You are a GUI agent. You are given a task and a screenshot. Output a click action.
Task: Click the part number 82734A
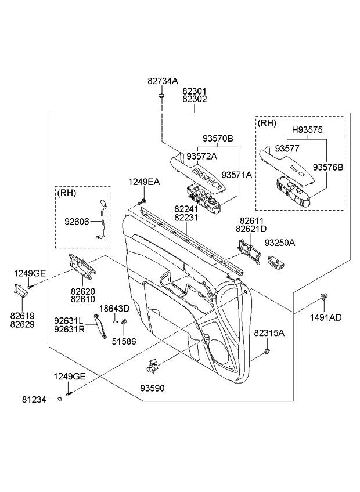[x=163, y=83]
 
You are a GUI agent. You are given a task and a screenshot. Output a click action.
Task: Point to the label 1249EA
[x=144, y=182]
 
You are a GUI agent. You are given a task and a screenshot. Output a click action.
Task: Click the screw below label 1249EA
[x=142, y=201]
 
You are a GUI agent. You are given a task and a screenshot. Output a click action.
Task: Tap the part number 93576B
[x=328, y=167]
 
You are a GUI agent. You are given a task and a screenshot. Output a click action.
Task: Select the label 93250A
[x=280, y=243]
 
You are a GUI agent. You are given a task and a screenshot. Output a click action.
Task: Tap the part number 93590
[x=153, y=388]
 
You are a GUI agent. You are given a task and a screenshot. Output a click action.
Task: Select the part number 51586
[x=124, y=342]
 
